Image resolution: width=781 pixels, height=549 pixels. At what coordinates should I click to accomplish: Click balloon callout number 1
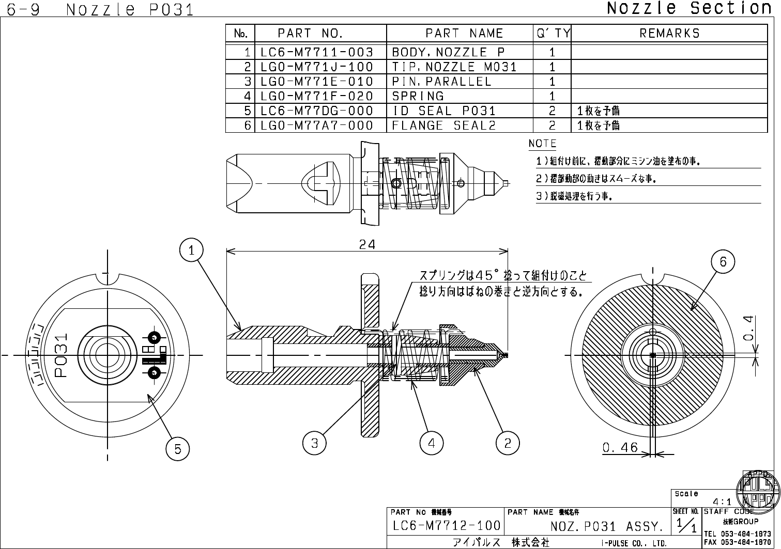point(191,250)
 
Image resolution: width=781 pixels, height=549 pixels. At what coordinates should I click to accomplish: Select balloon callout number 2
point(508,443)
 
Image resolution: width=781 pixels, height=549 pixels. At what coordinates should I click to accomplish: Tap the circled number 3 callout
point(314,443)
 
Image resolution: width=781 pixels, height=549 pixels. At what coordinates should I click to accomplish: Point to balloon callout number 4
point(432,443)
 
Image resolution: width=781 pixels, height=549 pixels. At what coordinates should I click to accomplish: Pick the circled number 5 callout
point(178,449)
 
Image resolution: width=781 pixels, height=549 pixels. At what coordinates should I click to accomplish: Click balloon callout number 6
point(723,262)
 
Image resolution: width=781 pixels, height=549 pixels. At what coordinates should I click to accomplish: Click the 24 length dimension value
point(367,244)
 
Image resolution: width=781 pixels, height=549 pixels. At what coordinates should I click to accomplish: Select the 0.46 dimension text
point(620,447)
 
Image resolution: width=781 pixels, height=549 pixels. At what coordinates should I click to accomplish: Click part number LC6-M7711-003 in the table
point(317,52)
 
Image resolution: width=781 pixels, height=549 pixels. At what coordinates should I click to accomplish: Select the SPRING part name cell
point(418,96)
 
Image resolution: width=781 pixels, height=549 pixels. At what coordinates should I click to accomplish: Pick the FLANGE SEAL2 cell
point(444,126)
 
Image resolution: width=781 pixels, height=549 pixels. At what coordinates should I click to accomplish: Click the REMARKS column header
point(669,34)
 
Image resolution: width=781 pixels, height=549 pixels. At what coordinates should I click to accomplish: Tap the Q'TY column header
point(553,34)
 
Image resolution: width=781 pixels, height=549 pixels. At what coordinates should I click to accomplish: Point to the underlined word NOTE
point(542,144)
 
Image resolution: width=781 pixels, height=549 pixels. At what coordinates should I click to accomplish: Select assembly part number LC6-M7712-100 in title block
point(447,526)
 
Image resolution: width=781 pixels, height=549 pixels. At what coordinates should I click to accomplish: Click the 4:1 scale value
point(722,501)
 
